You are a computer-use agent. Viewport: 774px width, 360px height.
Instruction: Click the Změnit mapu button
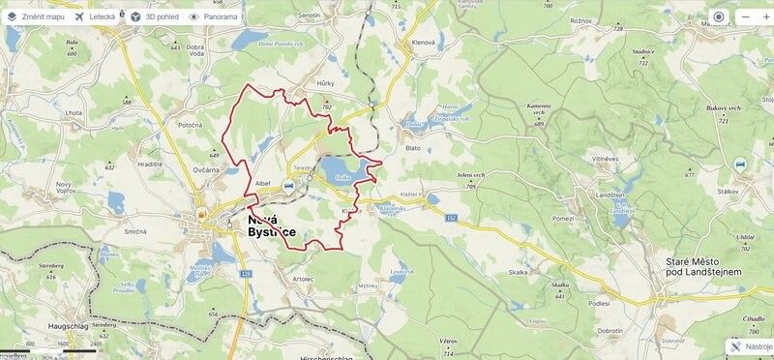[x=37, y=16]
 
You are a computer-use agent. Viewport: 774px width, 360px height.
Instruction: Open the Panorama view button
[x=216, y=16]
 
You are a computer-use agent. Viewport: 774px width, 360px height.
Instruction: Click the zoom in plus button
[x=746, y=16]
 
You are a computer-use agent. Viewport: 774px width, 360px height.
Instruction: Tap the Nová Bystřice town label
[x=270, y=226]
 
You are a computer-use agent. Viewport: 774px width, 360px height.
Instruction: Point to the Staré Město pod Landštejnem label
[x=703, y=268]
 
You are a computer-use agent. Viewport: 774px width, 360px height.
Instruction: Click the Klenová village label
[x=424, y=44]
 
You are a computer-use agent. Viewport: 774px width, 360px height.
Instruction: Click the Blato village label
[x=413, y=148]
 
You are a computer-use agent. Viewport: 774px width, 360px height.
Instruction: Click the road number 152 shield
[x=451, y=219]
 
